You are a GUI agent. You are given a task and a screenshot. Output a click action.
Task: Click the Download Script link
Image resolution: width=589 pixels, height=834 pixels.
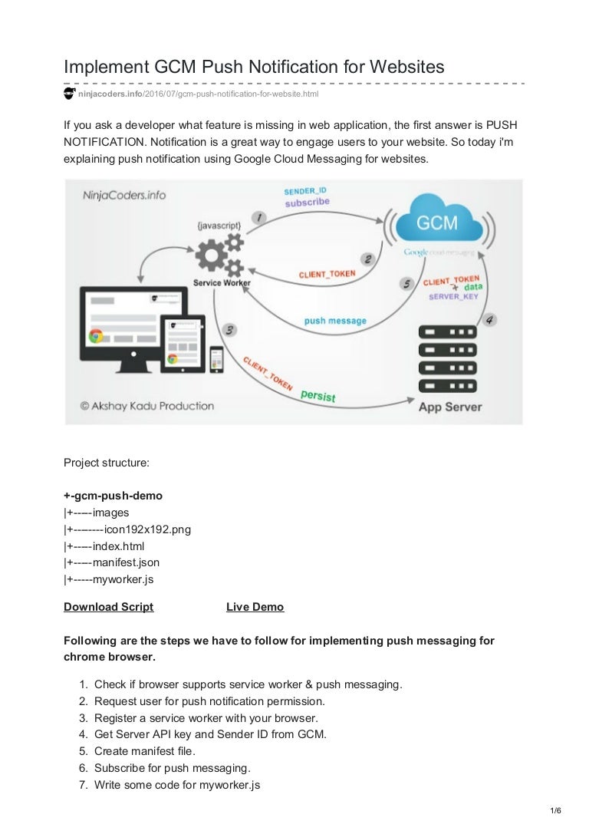108,607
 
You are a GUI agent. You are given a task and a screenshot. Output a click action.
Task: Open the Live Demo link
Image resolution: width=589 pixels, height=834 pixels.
255,607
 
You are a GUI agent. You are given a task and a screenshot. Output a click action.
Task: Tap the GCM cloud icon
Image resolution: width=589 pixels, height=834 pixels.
437,223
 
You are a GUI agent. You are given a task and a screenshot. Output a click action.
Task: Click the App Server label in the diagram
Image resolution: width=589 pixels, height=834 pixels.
449,407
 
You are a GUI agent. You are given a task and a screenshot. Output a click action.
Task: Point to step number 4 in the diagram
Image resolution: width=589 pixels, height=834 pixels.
490,319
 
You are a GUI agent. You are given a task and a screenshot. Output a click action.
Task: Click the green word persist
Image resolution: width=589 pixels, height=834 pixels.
318,394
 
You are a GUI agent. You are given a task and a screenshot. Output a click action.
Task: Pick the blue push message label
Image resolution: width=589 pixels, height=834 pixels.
335,321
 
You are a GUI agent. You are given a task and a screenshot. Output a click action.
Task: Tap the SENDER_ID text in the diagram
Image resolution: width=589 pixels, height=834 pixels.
304,190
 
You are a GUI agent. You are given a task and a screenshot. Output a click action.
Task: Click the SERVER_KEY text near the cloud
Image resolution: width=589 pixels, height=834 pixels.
454,296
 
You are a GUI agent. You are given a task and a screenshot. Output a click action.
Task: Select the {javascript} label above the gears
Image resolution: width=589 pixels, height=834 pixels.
219,226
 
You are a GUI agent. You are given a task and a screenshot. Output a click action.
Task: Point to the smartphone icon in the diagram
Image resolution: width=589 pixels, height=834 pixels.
216,358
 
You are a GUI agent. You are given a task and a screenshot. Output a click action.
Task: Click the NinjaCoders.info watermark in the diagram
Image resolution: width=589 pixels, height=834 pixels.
124,196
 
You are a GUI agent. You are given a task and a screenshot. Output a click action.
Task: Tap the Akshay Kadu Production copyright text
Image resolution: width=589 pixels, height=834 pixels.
147,406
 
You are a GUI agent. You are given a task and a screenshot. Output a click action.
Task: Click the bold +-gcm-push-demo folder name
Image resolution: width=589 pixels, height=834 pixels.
113,496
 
